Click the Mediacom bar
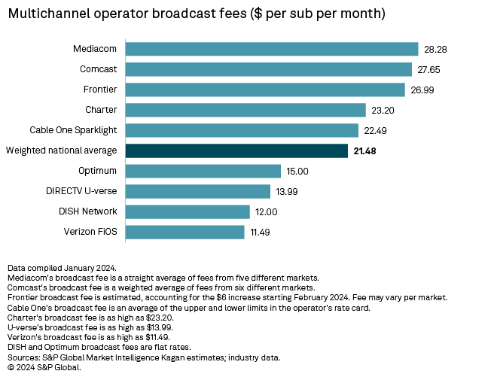coord(271,50)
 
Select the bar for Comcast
coord(268,70)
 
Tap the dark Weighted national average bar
coord(236,150)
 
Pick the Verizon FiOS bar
coord(184,232)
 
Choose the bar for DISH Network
coord(188,211)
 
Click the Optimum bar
coord(203,171)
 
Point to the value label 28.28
coord(435,50)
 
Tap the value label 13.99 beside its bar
coord(287,191)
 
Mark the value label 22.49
coord(375,130)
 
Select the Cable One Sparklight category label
coord(73,130)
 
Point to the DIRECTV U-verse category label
coord(82,191)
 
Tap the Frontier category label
coord(101,90)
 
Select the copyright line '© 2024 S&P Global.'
coord(43,367)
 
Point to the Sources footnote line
coord(143,357)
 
